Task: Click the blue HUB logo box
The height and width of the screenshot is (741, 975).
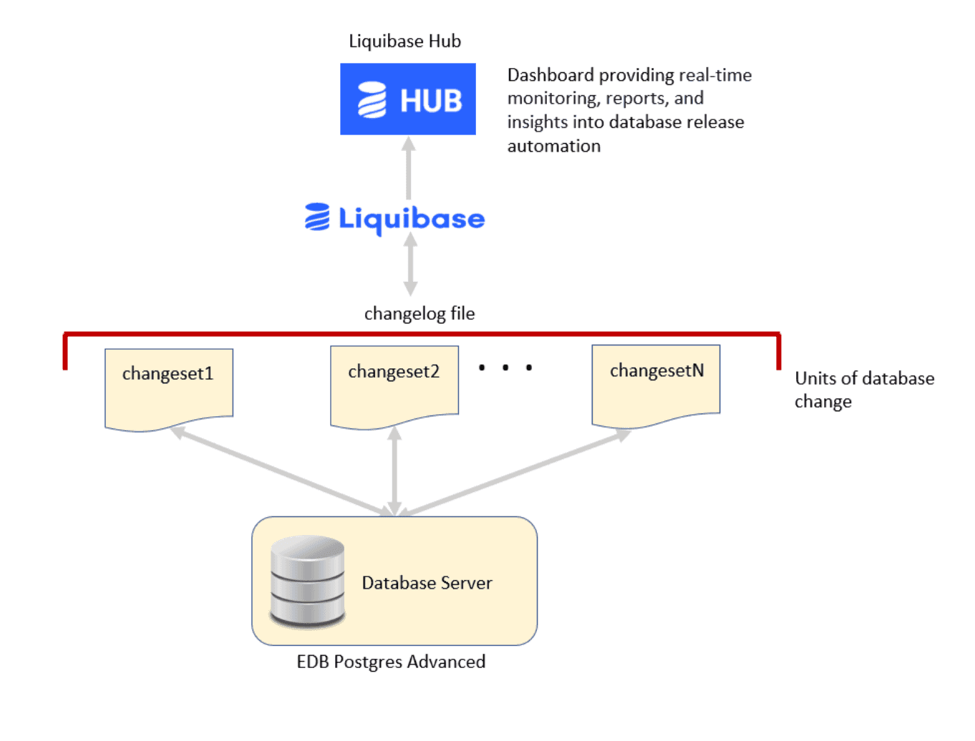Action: pos(407,99)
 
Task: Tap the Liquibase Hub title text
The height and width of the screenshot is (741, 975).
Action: pos(404,41)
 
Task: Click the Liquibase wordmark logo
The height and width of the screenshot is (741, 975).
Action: pos(395,218)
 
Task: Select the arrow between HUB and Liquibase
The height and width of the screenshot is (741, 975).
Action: pos(409,169)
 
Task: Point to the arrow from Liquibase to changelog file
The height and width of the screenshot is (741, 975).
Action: pos(410,265)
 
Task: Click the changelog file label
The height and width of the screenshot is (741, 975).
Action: pos(419,314)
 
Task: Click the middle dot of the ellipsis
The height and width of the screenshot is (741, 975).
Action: pos(505,368)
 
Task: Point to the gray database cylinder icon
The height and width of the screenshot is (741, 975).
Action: pos(308,581)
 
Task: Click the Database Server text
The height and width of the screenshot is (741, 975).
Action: pos(427,583)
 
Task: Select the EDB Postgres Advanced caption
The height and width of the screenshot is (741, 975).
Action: pos(391,662)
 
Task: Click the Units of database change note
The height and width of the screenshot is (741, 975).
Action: pos(863,390)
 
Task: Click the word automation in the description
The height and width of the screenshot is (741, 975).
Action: pos(553,147)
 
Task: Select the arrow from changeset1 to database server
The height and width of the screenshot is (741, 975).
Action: pos(279,470)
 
